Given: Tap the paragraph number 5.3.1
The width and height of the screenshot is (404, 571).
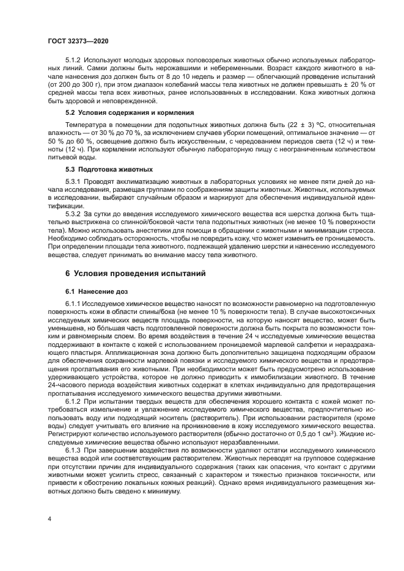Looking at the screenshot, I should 73,182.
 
